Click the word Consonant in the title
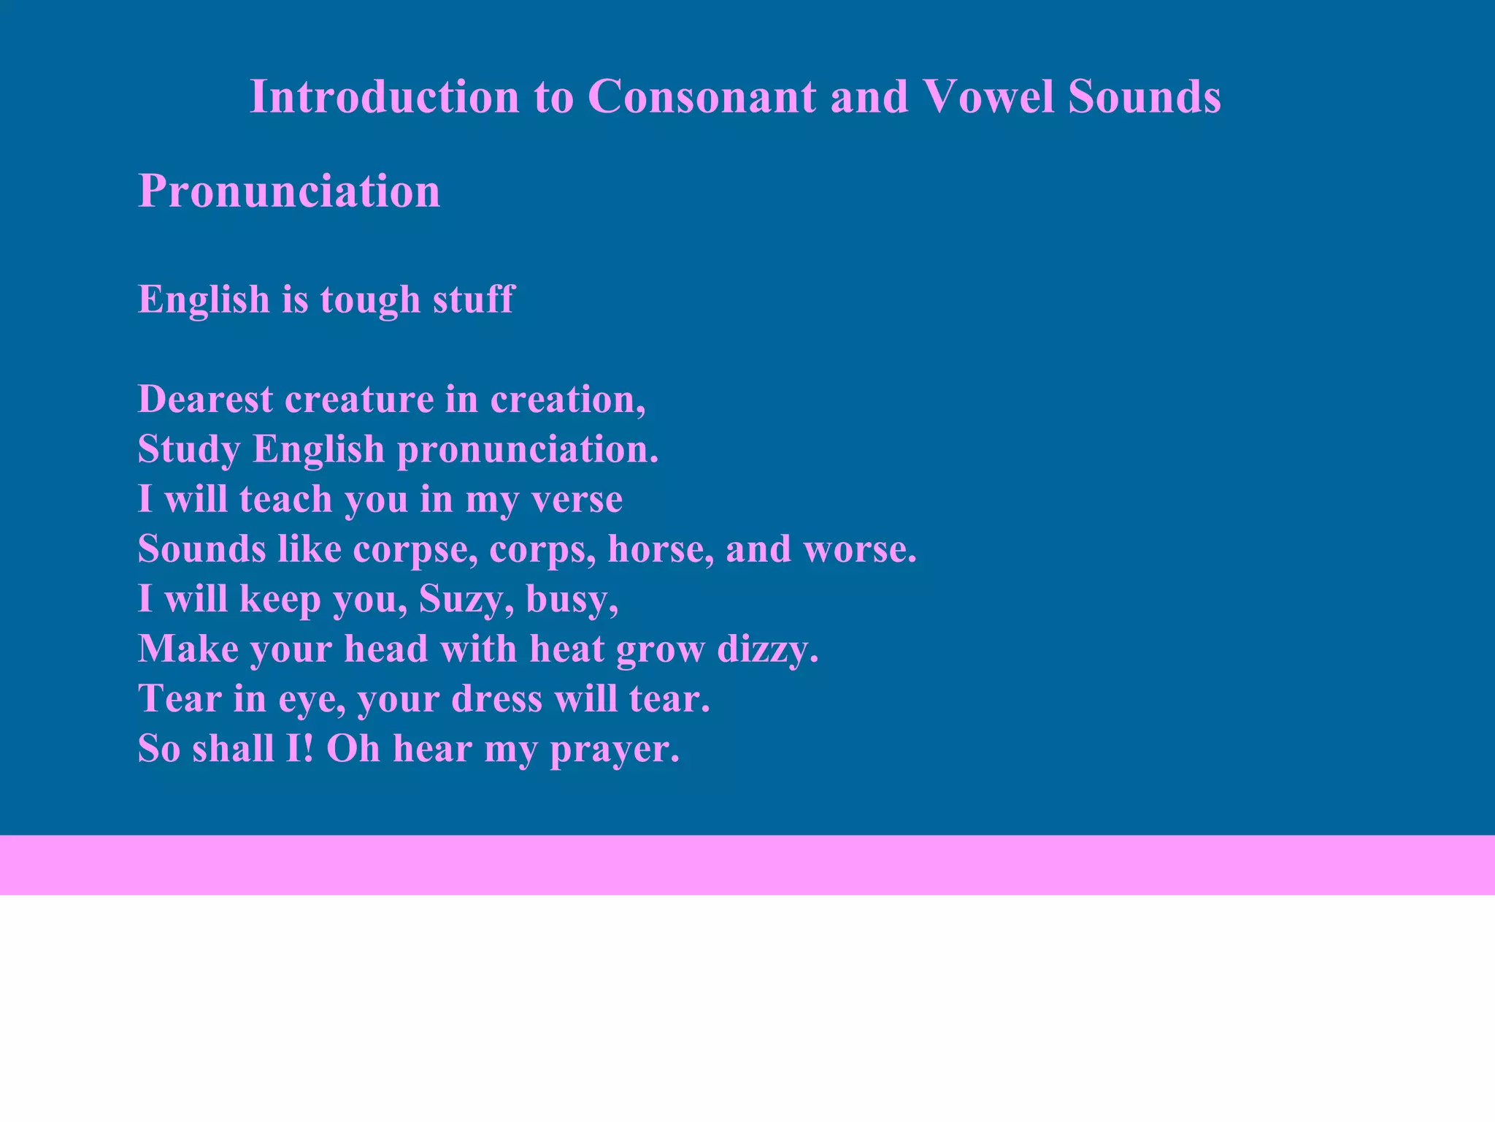tap(702, 96)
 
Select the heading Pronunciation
tap(289, 191)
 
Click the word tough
tap(370, 300)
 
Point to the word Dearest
tap(205, 400)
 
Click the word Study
tap(189, 449)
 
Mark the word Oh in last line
tap(353, 749)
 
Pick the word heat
tap(566, 649)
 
